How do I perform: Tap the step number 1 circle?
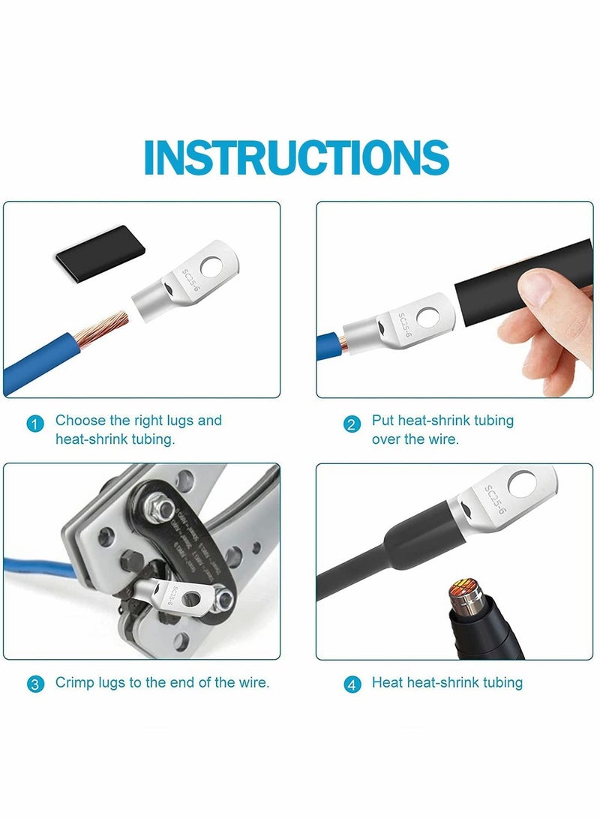pyautogui.click(x=34, y=424)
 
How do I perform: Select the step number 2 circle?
pyautogui.click(x=352, y=424)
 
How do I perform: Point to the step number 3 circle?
pyautogui.click(x=34, y=685)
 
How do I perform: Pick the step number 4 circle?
pyautogui.click(x=352, y=685)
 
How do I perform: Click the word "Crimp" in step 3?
pyautogui.click(x=73, y=683)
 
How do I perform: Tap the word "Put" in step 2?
pyautogui.click(x=382, y=421)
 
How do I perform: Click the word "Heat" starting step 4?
pyautogui.click(x=388, y=683)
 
